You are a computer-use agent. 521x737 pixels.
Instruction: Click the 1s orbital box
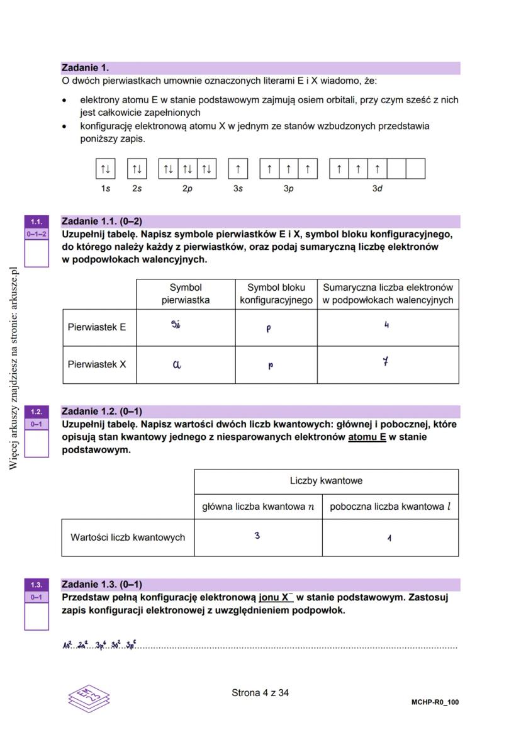106,169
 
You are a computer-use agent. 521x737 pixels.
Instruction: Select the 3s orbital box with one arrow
238,169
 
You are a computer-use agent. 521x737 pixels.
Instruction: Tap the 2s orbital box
137,169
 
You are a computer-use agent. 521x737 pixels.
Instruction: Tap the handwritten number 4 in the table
386,325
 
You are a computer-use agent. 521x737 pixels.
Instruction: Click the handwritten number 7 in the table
386,363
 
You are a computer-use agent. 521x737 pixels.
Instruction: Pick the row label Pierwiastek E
97,327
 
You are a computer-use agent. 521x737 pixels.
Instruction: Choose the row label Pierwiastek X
97,364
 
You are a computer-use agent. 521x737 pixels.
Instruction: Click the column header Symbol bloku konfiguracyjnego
276,294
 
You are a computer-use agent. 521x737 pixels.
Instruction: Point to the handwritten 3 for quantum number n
257,536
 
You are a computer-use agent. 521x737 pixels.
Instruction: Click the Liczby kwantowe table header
326,481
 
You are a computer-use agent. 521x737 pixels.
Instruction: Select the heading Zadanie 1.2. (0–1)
101,412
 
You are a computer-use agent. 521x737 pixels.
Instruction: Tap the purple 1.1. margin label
36,222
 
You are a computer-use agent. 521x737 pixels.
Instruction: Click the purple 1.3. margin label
36,585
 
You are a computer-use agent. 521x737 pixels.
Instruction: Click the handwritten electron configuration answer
99,645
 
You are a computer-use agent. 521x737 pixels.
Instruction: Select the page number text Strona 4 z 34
260,693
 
